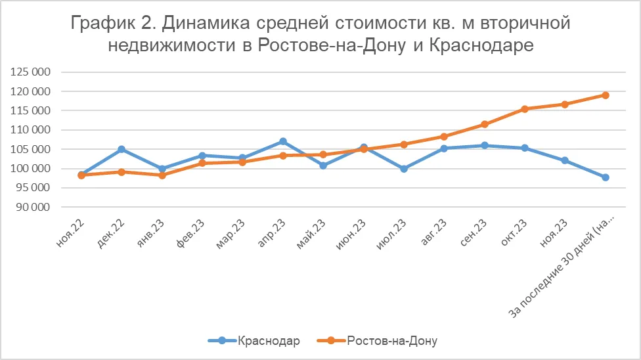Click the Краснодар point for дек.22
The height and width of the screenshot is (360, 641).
click(122, 150)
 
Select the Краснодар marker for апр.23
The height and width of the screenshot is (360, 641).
click(283, 141)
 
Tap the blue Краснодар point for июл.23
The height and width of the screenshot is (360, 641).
click(404, 169)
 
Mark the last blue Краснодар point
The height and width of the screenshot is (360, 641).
click(606, 177)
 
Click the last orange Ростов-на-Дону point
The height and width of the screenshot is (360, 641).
click(606, 95)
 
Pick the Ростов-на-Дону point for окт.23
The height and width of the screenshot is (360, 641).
click(525, 109)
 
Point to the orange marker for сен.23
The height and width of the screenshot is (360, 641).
click(485, 124)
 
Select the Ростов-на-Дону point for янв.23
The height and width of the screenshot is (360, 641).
click(162, 175)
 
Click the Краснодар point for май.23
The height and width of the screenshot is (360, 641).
click(323, 166)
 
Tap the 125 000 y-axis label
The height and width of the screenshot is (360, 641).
click(32, 72)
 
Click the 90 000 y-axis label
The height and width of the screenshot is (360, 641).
click(35, 208)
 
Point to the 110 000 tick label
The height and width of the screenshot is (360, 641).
click(32, 130)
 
